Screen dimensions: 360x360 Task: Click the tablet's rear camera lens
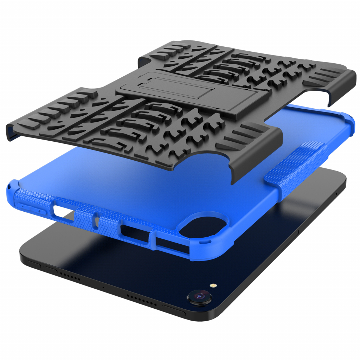(200, 297)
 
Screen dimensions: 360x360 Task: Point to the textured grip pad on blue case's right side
(298, 162)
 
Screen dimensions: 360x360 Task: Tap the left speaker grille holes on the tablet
(69, 275)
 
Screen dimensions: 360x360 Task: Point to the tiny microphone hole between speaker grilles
(103, 287)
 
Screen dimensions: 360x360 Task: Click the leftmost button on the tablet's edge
(34, 264)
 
